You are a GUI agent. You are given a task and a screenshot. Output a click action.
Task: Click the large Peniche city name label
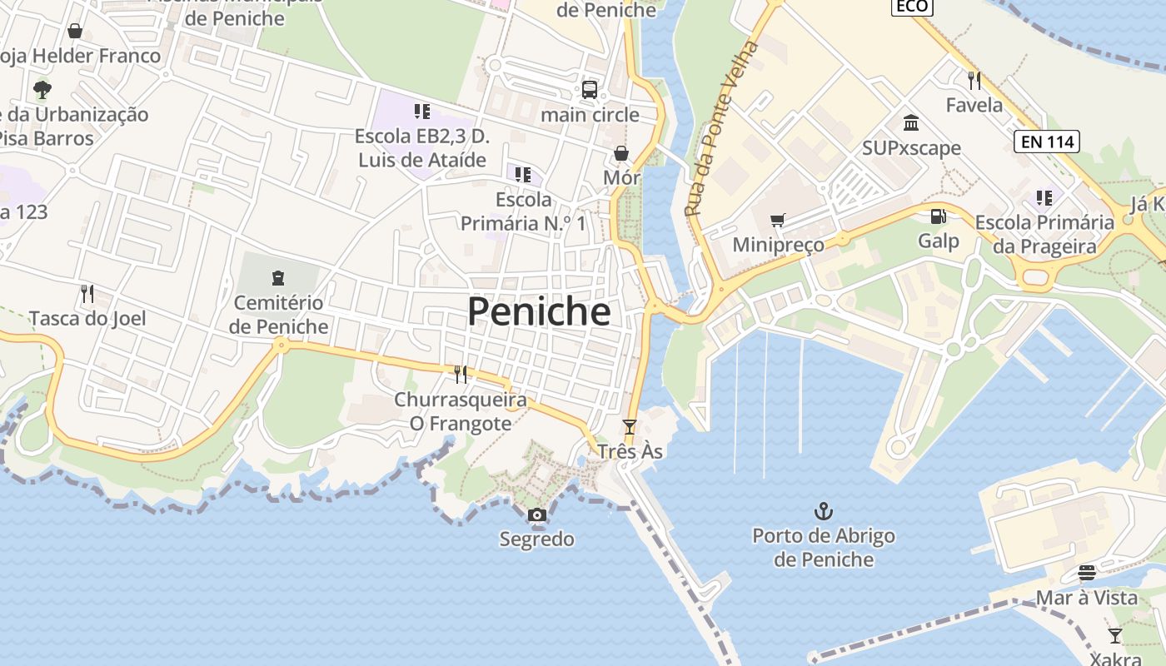coord(539,311)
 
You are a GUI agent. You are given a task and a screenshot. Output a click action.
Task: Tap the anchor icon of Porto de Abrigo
coord(824,510)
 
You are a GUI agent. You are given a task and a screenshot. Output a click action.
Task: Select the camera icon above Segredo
coord(537,515)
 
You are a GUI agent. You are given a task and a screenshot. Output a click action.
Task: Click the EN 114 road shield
coord(1047,142)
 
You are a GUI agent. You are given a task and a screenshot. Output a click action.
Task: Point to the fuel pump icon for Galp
coord(939,216)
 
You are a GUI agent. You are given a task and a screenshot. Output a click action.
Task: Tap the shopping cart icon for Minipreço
coord(778,221)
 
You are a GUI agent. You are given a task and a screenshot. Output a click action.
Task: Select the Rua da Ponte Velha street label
coord(722,130)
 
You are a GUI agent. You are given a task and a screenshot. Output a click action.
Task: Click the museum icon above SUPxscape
coord(911,123)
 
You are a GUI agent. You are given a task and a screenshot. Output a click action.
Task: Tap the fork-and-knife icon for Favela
coord(974,81)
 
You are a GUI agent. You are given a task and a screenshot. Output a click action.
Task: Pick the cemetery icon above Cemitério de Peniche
coord(278,277)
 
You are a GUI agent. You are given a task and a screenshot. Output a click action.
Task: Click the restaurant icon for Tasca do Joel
coord(87,293)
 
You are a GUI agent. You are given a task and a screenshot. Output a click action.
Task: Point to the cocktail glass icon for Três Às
coord(630,427)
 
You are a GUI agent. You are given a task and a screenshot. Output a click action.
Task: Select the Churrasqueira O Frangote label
coord(460,411)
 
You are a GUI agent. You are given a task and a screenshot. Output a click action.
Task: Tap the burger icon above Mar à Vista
coord(1086,573)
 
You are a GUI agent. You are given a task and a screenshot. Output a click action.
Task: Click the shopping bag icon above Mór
coord(621,153)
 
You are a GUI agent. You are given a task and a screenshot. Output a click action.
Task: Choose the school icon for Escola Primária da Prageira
coord(1044,198)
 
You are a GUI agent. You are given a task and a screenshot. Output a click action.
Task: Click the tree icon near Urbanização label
coord(42,89)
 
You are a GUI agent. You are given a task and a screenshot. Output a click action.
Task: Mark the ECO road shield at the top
coord(911,7)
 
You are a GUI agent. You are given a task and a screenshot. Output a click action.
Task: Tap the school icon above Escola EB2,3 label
coord(421,111)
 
